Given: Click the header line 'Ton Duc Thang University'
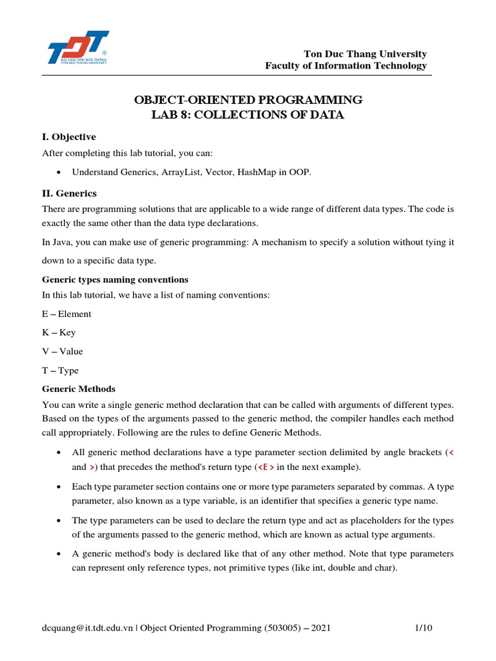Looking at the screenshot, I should pos(366,54).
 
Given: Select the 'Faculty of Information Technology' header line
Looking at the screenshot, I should pos(346,66).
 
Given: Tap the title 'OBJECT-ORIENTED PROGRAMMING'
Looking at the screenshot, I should pos(248,100).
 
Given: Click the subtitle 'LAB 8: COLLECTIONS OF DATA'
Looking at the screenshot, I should pos(248,116).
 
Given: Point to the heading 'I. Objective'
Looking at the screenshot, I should pos(69,137).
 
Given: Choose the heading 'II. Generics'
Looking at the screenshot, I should pos(69,193).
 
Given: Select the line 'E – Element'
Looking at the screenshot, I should pos(67,314).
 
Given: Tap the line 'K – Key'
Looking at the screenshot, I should pos(59,332).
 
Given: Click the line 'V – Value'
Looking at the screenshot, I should pos(63,351).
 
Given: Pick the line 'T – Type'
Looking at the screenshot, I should pos(60,371).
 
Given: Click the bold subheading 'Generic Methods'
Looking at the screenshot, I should pos(79,389).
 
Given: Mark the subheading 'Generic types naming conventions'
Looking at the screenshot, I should pos(115,280).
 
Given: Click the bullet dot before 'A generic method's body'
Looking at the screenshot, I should pos(59,554).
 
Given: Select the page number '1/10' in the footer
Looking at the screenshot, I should pos(422,628).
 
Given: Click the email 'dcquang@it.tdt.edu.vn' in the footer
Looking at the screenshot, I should pos(87,628).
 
